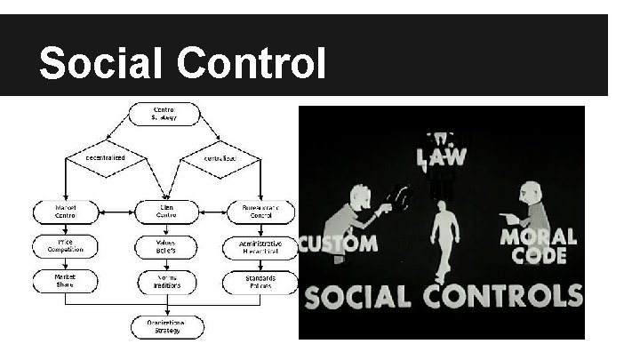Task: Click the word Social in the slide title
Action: point(101,64)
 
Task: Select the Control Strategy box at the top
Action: point(164,115)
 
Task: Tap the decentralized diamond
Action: point(106,158)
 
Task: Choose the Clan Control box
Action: point(165,212)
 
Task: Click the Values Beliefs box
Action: point(165,245)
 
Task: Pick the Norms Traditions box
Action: point(165,282)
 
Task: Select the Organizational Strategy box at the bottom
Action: point(166,325)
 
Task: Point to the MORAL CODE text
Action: point(539,246)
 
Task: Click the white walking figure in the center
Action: point(444,235)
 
